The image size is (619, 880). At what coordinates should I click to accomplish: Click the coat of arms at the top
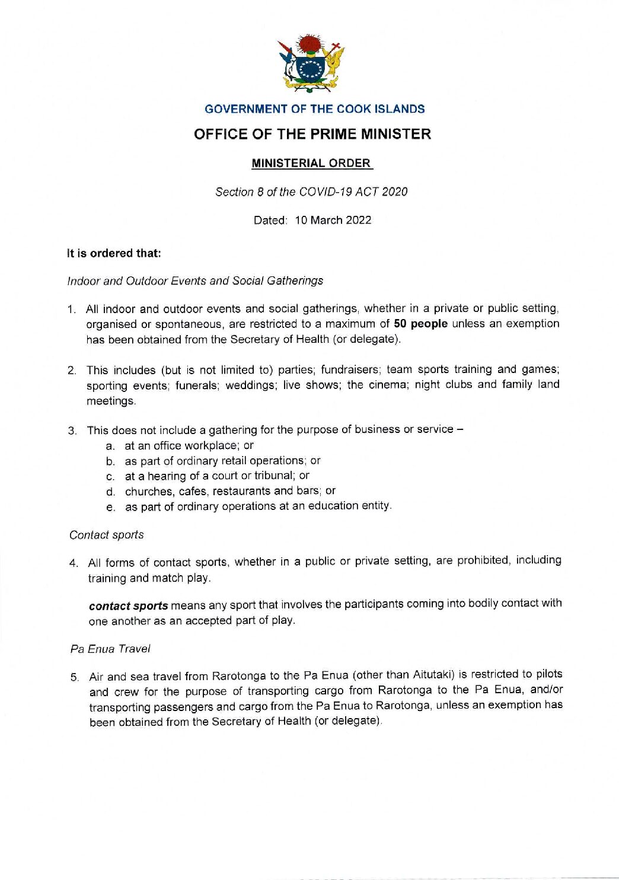(x=311, y=63)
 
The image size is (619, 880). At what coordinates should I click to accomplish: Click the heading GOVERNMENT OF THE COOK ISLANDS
(x=314, y=109)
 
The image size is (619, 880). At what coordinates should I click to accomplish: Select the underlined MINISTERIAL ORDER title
(x=311, y=163)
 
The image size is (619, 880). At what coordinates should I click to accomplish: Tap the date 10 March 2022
(x=333, y=220)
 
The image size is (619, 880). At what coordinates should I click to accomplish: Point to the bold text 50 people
(x=420, y=324)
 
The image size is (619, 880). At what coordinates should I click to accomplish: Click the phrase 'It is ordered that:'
(x=114, y=253)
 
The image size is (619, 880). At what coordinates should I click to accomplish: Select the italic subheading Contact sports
(x=107, y=535)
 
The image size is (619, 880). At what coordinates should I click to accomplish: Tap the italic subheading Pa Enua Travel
(x=110, y=649)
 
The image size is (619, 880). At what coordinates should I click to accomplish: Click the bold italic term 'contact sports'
(x=129, y=606)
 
